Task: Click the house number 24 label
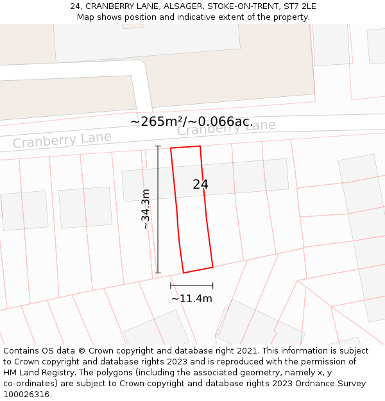point(200,184)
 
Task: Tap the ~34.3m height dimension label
point(146,209)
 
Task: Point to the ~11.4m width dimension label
point(191,298)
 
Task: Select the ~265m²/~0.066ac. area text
point(191,121)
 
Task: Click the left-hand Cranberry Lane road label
point(62,139)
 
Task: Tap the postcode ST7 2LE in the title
point(298,6)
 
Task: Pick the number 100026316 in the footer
point(24,395)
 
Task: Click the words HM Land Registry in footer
point(37,373)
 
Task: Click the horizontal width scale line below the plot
point(191,286)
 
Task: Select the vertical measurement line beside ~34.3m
point(158,209)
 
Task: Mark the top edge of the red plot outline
point(185,147)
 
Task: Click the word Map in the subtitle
point(86,17)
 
